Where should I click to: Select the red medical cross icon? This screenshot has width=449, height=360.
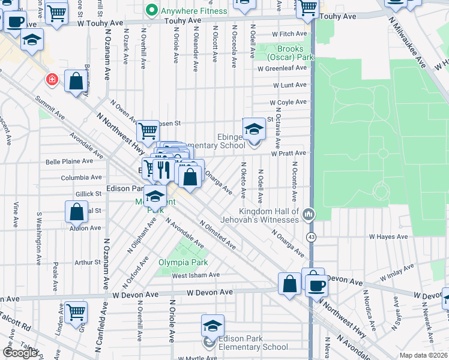pos(52,79)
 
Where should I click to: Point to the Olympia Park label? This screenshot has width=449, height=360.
pos(183,263)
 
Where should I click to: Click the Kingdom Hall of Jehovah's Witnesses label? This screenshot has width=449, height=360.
pos(268,216)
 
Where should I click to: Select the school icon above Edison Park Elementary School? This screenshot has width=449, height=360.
pos(212,326)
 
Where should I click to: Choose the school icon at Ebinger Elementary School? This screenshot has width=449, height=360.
pos(254,129)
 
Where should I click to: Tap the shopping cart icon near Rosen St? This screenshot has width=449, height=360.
pos(148,130)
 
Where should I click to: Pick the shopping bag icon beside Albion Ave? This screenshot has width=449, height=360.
pos(77,212)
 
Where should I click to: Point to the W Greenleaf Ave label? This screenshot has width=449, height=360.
pos(282,68)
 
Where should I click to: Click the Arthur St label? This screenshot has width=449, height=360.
pos(88,262)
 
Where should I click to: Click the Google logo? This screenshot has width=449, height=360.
pos(20,353)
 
